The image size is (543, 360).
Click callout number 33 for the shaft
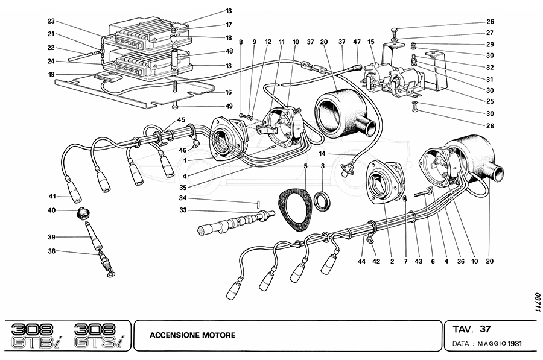[183, 210]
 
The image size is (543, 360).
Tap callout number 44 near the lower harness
[360, 261]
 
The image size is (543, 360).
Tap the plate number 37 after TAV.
[485, 329]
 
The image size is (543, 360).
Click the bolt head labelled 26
[394, 30]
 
